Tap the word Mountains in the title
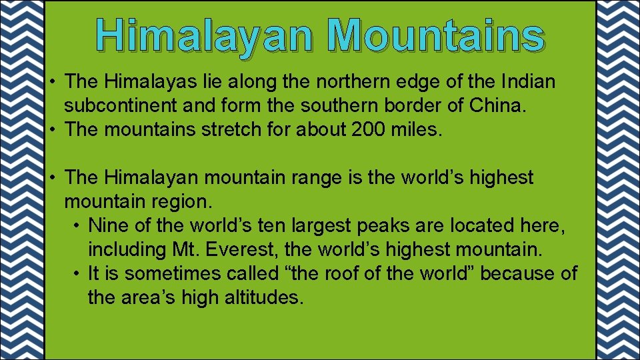point(436,35)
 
